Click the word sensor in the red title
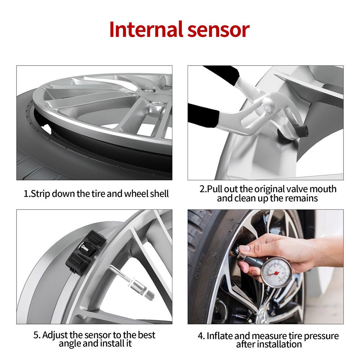[x=219, y=31]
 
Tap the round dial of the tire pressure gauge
[x=276, y=272]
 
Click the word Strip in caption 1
[x=40, y=194]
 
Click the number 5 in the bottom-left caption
[x=36, y=335]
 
